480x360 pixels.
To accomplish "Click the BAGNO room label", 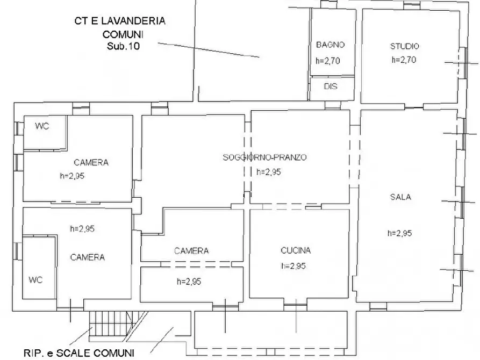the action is pos(330,45).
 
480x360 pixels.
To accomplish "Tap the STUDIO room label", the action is pos(404,46).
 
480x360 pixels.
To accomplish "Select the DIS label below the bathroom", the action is pos(331,86).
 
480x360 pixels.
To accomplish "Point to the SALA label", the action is pos(400,197).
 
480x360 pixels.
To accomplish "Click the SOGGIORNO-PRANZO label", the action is pos(264,157).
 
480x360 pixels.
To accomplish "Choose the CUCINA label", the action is pos(296,250).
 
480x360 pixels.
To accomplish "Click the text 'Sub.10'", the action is pos(123,47).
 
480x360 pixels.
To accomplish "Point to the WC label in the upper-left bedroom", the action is pos(42,126).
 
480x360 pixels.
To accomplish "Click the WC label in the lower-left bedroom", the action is pos(35,279).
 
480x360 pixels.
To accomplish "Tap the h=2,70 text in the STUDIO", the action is pos(404,60).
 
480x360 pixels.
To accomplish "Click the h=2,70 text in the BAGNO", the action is pos(328,61).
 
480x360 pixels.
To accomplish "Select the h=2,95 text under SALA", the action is pos(399,233).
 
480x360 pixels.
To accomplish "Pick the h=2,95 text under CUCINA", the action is pos(293,266).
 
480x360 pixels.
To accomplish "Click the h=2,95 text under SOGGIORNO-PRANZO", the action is pos(269,172).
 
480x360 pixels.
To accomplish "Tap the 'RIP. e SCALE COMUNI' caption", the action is pos(78,353).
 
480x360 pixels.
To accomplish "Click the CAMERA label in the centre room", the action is pos(191,250).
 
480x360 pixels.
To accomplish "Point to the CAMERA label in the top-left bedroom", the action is pos(91,162).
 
